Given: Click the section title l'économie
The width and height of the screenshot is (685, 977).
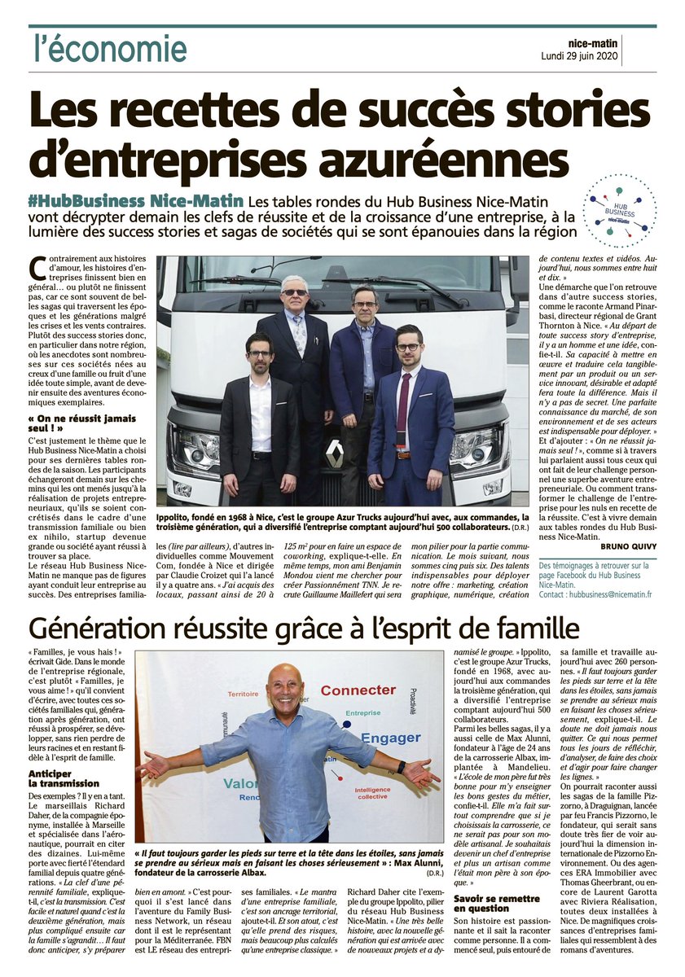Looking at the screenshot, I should (x=110, y=49).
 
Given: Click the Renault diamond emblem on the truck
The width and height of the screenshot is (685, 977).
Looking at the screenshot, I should (x=335, y=453).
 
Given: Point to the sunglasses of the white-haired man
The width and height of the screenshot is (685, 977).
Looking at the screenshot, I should (x=295, y=292).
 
